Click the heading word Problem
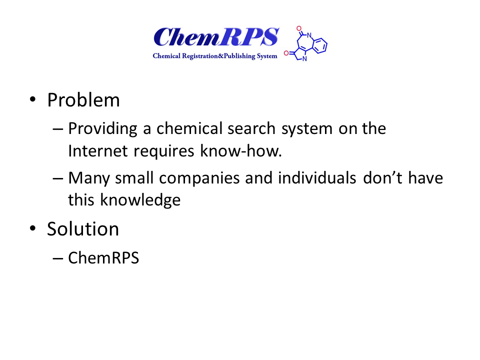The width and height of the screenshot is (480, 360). coord(83,100)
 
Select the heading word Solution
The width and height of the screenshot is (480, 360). coord(83,229)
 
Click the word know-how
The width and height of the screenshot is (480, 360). coord(240,151)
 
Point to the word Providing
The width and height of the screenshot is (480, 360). coord(102,129)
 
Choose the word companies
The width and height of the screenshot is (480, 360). coord(199,178)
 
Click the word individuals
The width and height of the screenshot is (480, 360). coord(317,177)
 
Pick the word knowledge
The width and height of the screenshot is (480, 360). coord(140,200)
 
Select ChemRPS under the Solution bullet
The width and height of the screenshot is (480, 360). coord(103,258)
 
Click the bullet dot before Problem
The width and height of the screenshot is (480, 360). coord(32,99)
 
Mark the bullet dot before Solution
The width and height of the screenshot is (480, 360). coord(32,228)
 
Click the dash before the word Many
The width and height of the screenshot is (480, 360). coord(58,178)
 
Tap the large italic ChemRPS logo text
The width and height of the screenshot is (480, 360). coord(216,37)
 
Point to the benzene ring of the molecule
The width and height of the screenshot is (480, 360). coord(320,45)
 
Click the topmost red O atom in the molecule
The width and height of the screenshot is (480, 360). coord(299,29)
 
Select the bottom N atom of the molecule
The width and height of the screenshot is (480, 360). coord(304,59)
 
